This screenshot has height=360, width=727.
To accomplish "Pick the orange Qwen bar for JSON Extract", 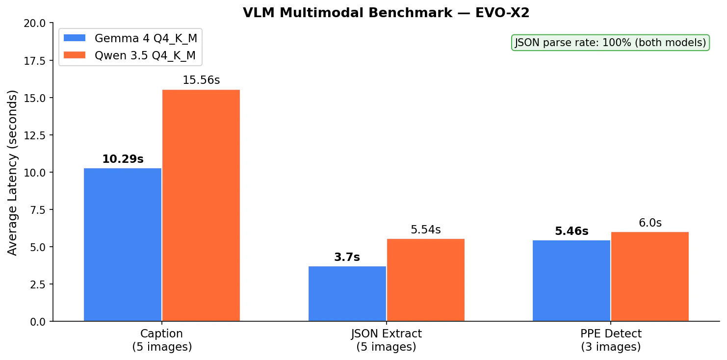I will click(x=426, y=280).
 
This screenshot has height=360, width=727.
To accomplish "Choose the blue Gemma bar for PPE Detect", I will click(x=571, y=281).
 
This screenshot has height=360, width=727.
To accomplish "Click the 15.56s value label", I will click(x=201, y=80).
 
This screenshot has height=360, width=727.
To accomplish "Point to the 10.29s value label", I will click(x=123, y=159).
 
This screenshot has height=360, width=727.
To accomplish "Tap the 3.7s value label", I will click(x=347, y=257).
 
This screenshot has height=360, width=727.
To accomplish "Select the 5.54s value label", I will click(x=426, y=230).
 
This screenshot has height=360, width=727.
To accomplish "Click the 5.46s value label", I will click(x=571, y=231).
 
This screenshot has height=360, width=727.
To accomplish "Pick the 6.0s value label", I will click(x=650, y=223).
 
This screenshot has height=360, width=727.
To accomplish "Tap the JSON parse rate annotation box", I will click(x=610, y=43).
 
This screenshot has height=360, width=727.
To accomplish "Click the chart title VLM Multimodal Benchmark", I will click(x=386, y=13).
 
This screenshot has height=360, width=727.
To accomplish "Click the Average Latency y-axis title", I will click(x=13, y=172).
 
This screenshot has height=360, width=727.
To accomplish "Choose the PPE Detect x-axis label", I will click(x=611, y=340).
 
